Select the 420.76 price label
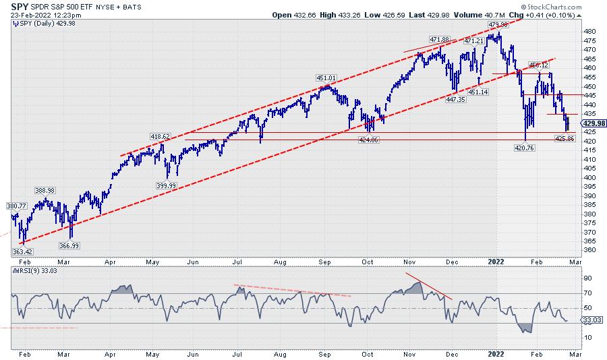[525, 147]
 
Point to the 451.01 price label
[326, 78]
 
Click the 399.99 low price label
[166, 185]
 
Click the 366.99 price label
[70, 245]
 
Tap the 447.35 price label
[455, 99]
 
